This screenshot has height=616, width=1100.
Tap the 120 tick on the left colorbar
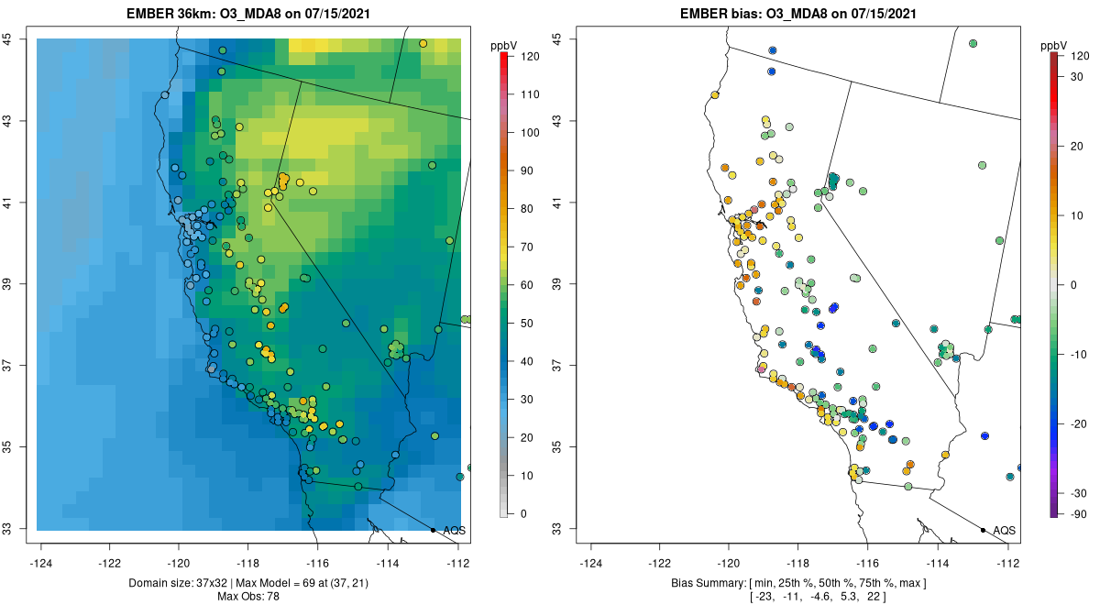528,56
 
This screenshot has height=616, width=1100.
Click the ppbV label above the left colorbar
503,45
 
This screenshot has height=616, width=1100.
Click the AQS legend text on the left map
454,531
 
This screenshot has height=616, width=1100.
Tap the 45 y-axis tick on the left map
17,39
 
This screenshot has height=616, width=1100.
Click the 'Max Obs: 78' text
247,597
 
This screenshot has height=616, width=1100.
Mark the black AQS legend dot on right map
982,530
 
